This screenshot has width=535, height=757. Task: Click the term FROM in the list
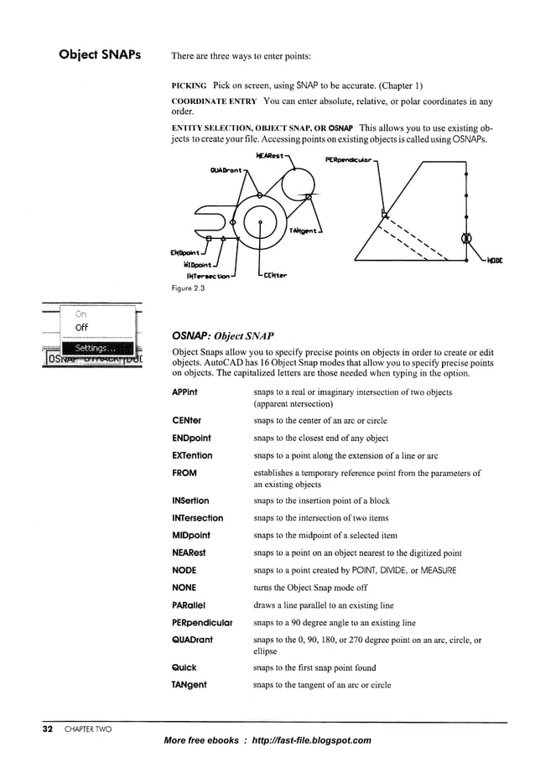click(184, 473)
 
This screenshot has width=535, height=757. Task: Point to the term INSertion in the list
click(190, 501)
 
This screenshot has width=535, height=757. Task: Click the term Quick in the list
click(184, 667)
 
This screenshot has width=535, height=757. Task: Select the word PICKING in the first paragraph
click(190, 86)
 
